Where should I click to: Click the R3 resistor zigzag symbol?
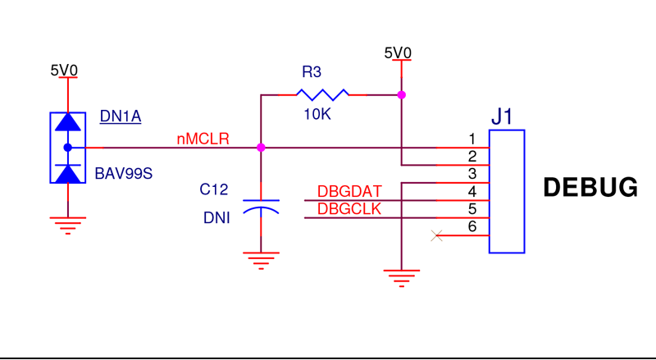tap(321, 94)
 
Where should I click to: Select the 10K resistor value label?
tap(317, 115)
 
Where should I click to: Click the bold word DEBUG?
tap(590, 188)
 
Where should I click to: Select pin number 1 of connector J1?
tap(472, 138)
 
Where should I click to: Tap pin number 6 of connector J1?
tap(472, 226)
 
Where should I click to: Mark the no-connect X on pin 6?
tap(436, 236)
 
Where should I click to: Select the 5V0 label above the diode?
tap(64, 71)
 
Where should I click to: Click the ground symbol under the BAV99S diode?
tap(67, 223)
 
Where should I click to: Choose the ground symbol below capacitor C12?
tap(261, 261)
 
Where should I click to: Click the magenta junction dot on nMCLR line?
tap(261, 148)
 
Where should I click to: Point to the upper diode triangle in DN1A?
tap(67, 123)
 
